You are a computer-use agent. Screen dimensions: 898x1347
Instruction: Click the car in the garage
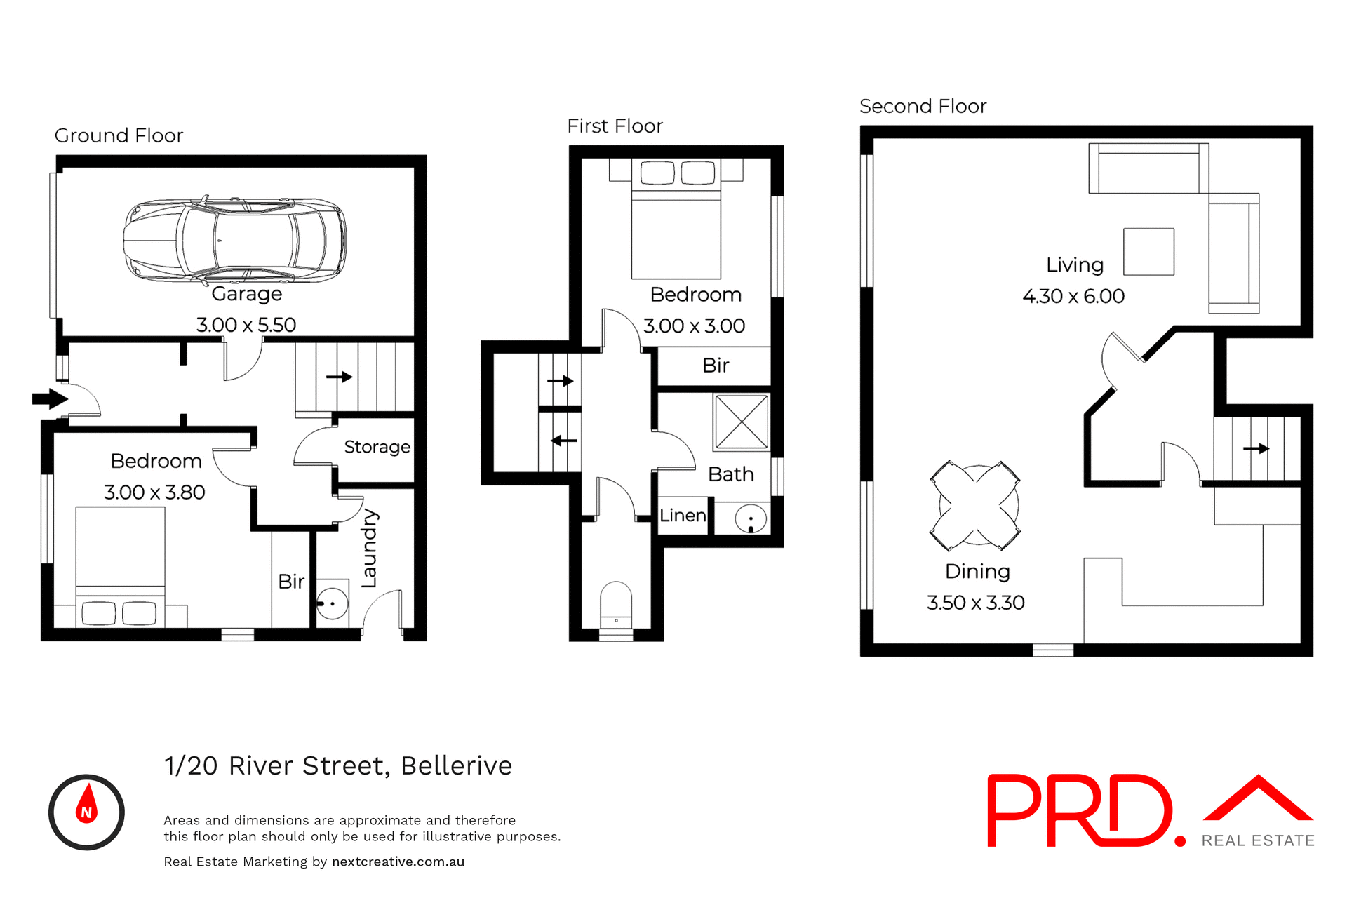234,240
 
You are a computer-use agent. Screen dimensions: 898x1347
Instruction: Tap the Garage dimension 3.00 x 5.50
246,325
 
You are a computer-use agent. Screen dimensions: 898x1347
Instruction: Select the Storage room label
377,447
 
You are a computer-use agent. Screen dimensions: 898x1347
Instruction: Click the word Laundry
369,548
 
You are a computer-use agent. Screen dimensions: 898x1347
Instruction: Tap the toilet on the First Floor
616,605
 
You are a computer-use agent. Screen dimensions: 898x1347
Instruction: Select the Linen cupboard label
683,516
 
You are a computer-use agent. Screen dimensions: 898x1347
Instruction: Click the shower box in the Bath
742,422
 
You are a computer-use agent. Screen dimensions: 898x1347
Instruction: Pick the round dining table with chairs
975,505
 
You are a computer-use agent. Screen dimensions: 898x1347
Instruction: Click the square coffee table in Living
1148,251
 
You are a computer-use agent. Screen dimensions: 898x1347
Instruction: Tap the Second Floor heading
923,107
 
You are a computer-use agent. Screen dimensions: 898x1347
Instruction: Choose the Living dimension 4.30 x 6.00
1073,296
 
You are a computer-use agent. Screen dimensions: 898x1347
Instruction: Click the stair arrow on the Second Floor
1256,448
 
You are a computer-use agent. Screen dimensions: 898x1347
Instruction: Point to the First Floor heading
615,126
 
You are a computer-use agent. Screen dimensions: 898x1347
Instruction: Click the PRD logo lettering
1084,810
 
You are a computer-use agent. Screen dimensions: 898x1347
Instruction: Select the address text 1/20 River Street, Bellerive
338,765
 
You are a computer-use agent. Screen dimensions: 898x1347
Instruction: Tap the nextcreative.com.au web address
398,862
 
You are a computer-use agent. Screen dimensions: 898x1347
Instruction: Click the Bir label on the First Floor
716,366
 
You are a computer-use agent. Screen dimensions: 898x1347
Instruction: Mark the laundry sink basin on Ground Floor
332,603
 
